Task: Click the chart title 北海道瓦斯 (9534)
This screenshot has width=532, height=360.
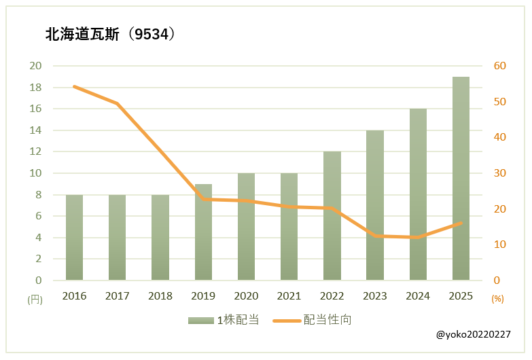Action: (110, 34)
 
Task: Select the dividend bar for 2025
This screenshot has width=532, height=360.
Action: (461, 178)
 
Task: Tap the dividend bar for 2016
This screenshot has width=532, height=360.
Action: (74, 237)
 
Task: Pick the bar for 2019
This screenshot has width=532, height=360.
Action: (203, 232)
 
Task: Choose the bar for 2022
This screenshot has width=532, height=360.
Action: (332, 215)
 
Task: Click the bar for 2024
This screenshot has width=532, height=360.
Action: (418, 194)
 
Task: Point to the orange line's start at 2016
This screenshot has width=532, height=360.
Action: (74, 86)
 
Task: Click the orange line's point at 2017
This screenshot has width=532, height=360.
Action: (117, 103)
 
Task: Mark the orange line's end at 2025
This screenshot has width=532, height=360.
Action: (461, 223)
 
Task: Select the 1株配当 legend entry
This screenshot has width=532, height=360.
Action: (224, 320)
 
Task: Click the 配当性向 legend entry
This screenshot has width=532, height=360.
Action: (313, 320)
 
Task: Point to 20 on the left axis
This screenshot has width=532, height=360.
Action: (35, 66)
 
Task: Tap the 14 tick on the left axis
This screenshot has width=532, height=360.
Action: (35, 130)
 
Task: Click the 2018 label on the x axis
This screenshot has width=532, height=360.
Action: (160, 296)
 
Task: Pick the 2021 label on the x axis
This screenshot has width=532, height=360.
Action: (289, 296)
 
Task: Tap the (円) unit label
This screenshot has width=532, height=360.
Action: (34, 298)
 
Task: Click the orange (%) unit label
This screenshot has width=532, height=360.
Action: (497, 298)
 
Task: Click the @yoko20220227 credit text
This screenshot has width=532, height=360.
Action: (473, 335)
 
